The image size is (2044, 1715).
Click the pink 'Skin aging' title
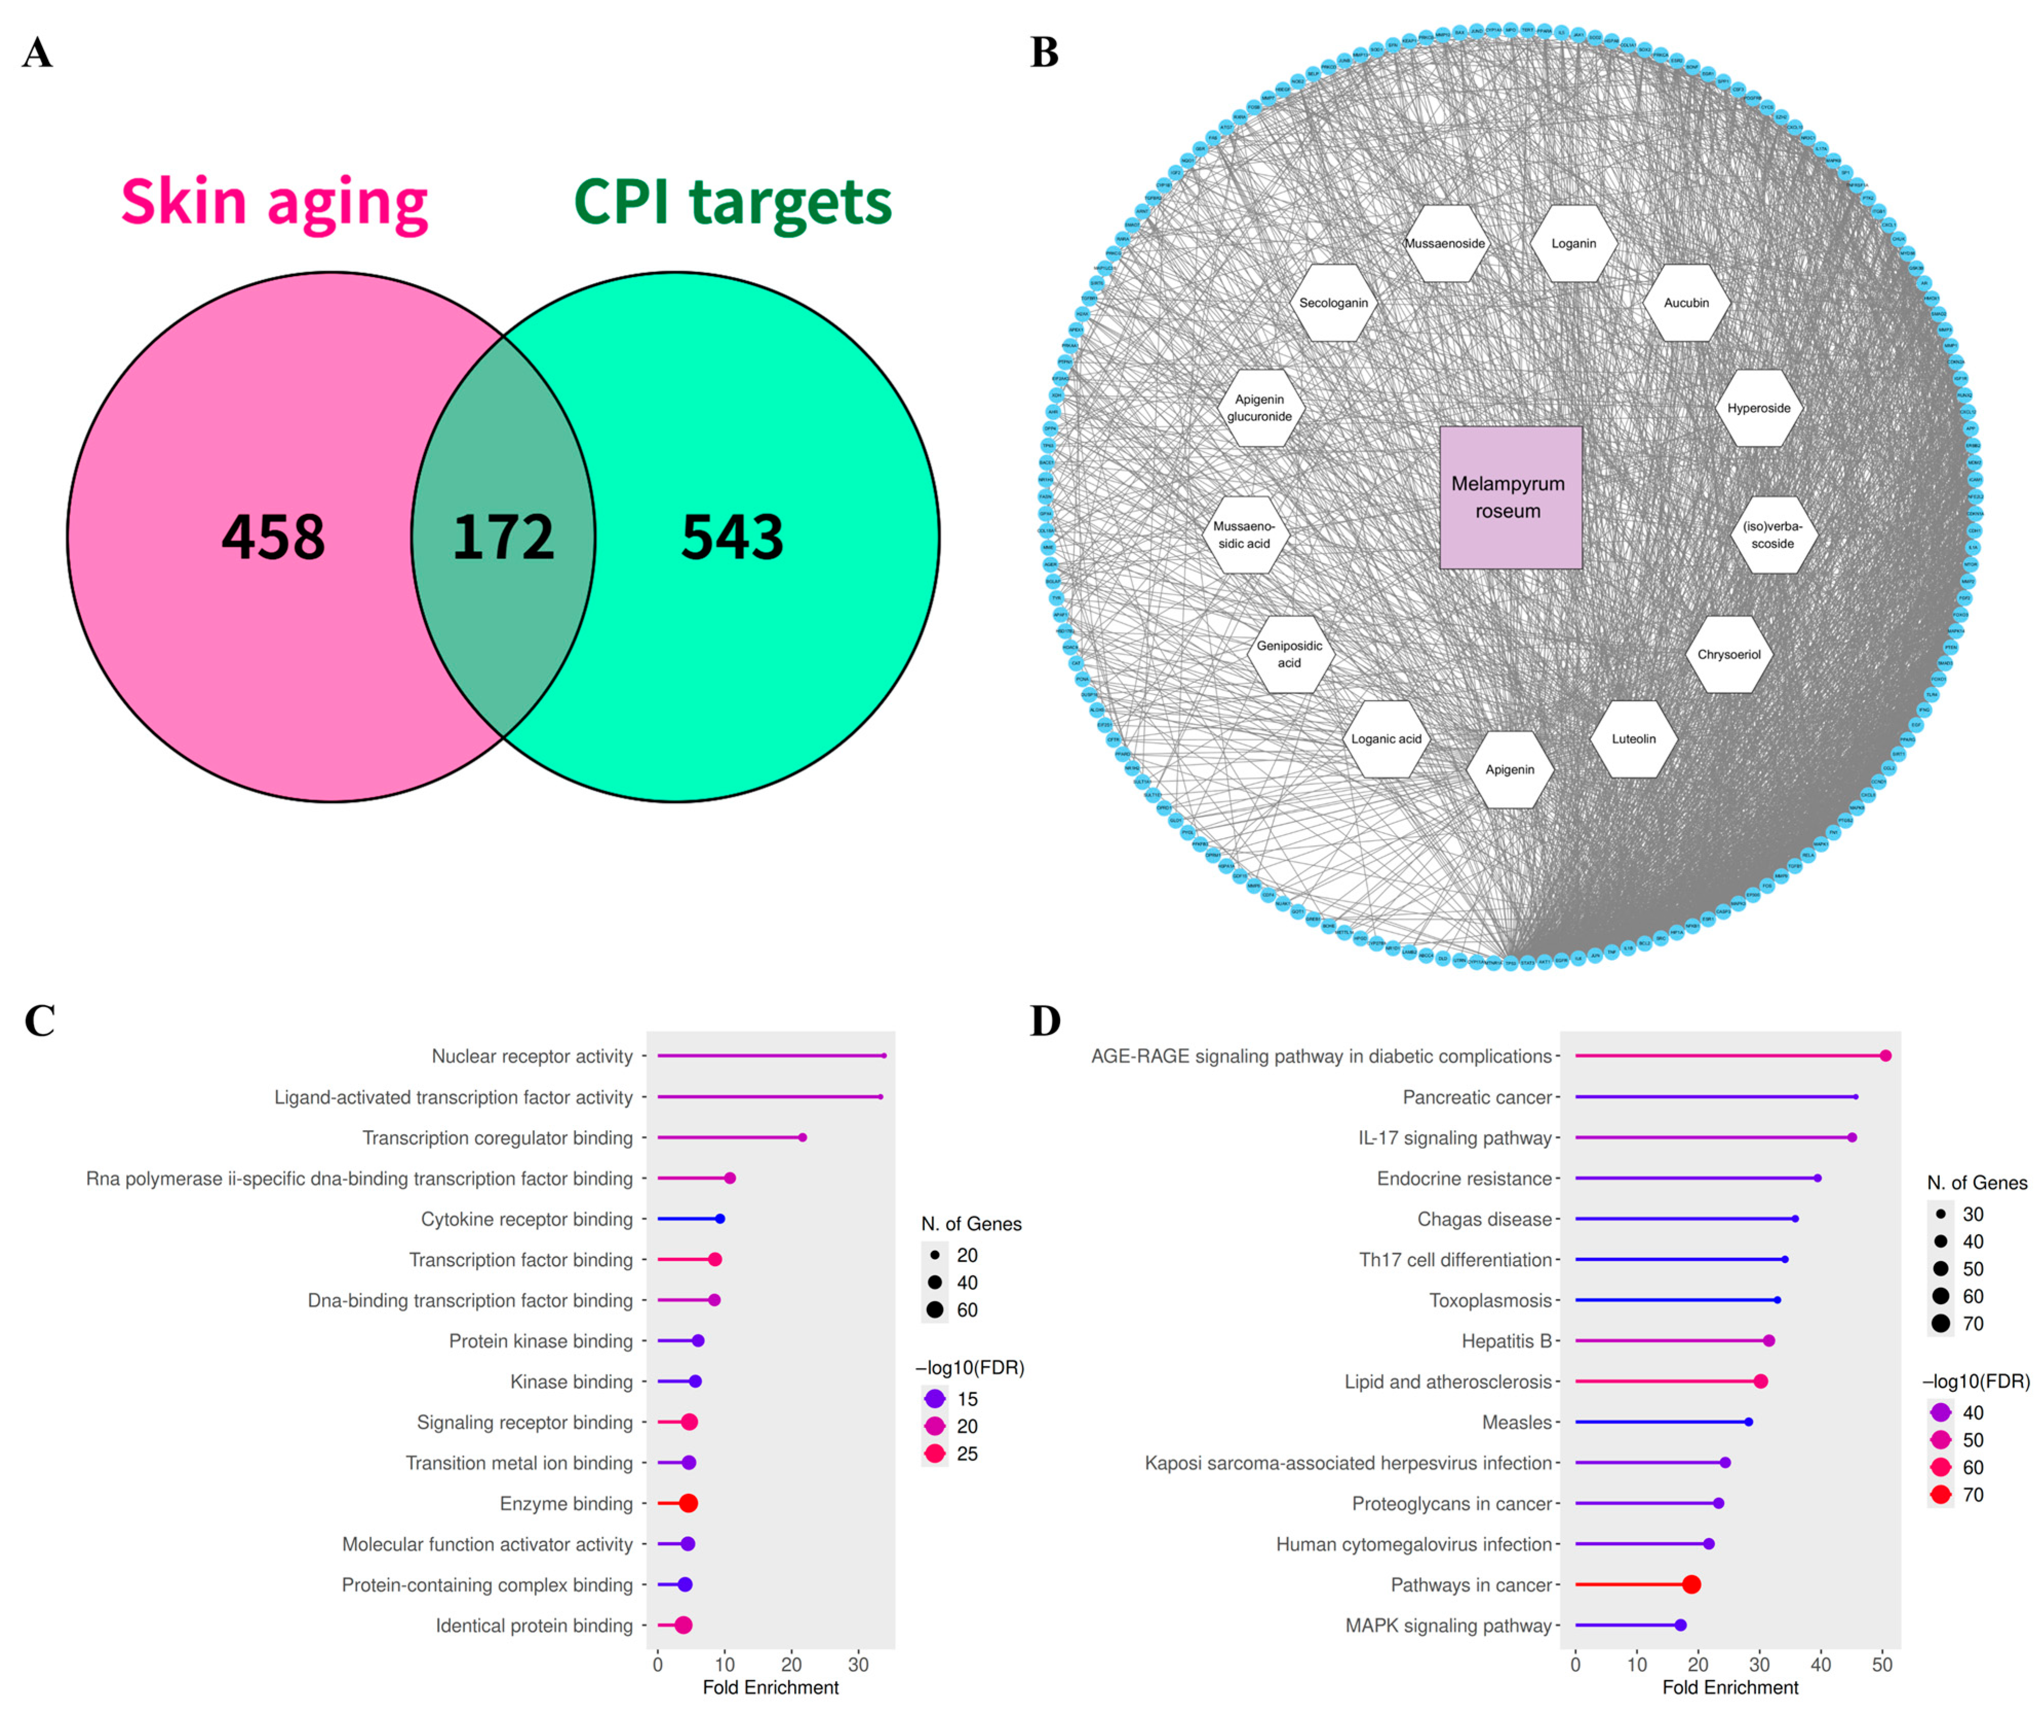coord(274,203)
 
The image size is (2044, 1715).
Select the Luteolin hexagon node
coord(1633,739)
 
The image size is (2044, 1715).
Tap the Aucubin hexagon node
coord(1686,303)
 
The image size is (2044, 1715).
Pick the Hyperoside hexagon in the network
coord(1758,408)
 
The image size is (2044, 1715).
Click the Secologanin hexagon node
coord(1333,303)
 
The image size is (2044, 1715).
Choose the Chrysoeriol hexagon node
coord(1728,654)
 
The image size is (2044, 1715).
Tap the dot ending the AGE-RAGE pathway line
coord(1885,1056)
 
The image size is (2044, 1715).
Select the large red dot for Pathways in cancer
coord(1692,1585)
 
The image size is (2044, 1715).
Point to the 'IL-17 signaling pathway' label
coord(1454,1138)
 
